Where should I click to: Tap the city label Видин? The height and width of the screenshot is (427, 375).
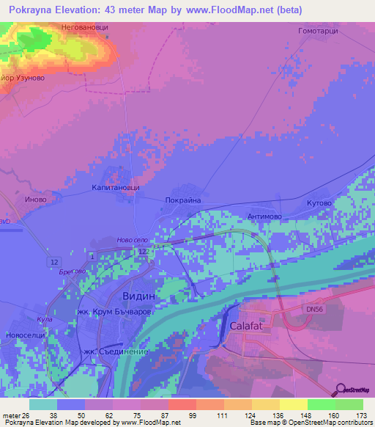pos(137,295)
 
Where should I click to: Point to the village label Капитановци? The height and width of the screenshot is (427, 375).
pos(115,188)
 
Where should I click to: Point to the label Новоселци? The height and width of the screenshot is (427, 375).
pos(26,335)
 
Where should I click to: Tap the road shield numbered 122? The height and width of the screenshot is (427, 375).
pos(144,252)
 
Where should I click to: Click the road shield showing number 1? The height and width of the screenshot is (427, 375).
pos(93,254)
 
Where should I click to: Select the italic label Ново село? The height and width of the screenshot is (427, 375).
pos(133,240)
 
